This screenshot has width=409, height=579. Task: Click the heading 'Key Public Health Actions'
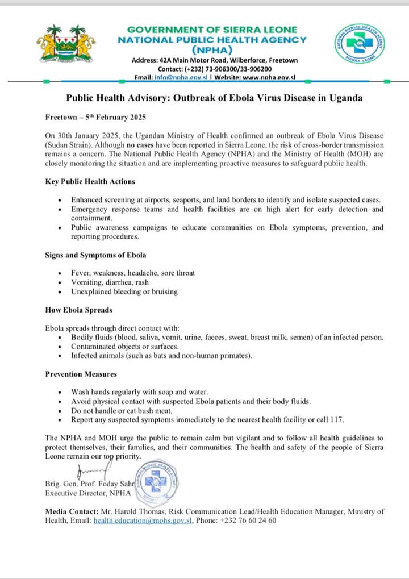90,182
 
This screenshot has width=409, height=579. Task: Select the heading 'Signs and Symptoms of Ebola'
95,255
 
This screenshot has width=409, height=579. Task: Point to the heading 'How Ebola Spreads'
78,310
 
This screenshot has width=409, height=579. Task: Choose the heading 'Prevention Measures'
81,374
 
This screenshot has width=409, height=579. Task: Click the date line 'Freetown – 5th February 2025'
95,118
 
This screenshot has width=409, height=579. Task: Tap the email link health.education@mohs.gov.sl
143,520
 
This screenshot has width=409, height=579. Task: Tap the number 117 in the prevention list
337,420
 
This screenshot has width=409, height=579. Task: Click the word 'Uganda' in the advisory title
343,98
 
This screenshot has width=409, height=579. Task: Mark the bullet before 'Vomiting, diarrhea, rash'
61,282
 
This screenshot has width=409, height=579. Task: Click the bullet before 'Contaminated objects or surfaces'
61,347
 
